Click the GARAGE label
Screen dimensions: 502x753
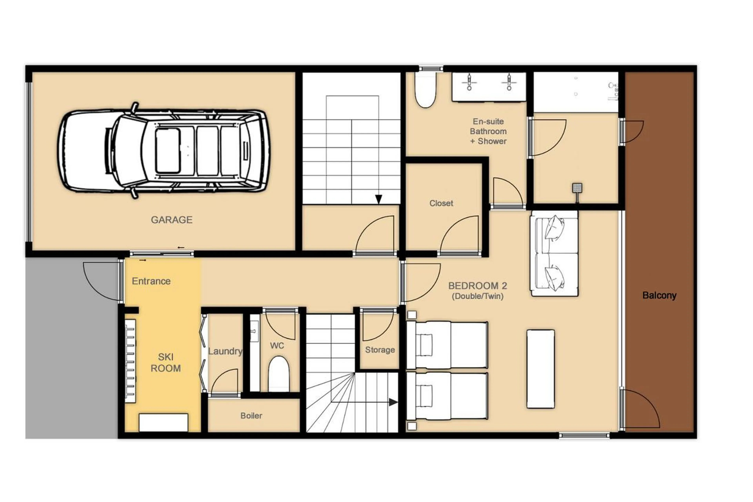(x=172, y=220)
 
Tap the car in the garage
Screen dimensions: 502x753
(x=163, y=150)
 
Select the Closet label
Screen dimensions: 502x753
(x=441, y=203)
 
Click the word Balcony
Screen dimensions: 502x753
(x=659, y=295)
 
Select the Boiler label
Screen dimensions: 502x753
(x=251, y=415)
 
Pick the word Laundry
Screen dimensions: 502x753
(x=225, y=351)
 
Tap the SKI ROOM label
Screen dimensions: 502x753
(x=166, y=362)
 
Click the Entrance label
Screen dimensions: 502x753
(x=151, y=281)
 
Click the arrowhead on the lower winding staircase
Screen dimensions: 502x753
(x=393, y=402)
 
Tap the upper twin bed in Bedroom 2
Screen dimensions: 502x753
(x=447, y=345)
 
